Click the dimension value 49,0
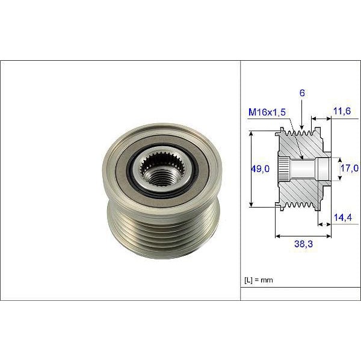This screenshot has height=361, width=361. pos(259,170)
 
